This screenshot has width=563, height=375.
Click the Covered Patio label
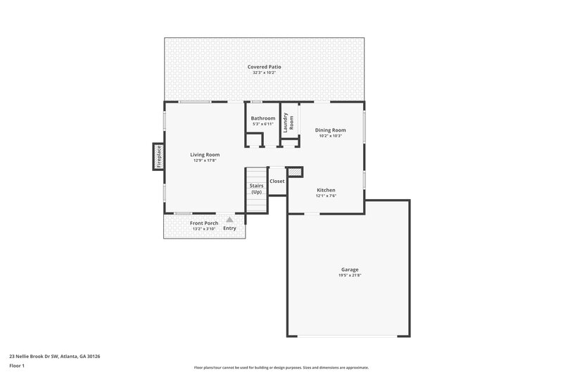(x=265, y=67)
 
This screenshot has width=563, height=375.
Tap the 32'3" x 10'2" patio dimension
(x=265, y=72)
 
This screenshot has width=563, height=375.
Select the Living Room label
(x=205, y=155)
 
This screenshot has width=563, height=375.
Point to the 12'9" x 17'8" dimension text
(x=205, y=160)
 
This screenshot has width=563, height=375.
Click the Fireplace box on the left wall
(x=158, y=156)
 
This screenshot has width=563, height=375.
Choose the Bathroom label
(x=263, y=118)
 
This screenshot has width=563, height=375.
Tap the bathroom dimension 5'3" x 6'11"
(x=263, y=124)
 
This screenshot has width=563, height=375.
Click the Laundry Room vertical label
(x=286, y=122)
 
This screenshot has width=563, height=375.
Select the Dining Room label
(x=330, y=130)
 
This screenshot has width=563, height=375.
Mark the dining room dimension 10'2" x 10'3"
(x=330, y=136)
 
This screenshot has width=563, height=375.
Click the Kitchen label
(x=326, y=190)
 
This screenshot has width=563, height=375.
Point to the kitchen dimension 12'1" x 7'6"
(x=326, y=196)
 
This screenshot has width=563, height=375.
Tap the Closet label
(x=277, y=181)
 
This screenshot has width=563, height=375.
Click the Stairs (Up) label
(x=256, y=189)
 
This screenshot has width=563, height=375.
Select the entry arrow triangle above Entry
(x=229, y=220)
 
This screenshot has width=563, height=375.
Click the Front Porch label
(x=204, y=223)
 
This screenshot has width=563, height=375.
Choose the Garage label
(x=350, y=269)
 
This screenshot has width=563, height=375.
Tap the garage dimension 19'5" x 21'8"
(x=350, y=275)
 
